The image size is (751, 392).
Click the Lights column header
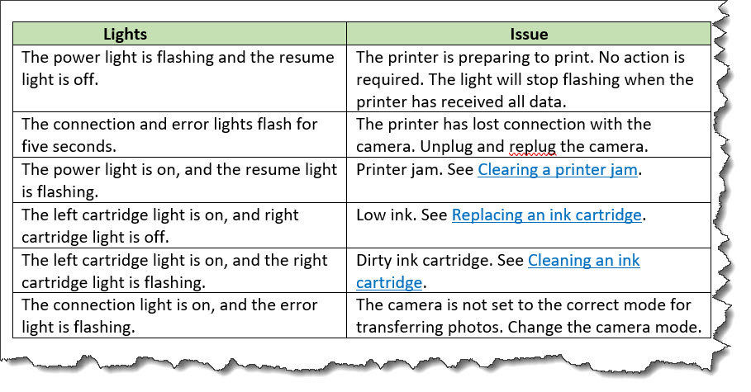click(x=125, y=34)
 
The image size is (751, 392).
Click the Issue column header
click(x=529, y=34)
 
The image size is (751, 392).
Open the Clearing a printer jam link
click(x=558, y=169)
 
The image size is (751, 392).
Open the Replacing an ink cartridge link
click(x=546, y=215)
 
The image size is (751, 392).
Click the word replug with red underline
click(x=533, y=147)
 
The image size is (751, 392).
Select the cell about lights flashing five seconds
click(x=179, y=135)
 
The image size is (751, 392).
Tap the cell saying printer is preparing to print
click(x=529, y=79)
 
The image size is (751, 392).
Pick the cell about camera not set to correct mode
click(x=529, y=315)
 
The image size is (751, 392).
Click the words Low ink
click(x=387, y=215)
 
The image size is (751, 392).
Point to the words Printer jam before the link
click(x=399, y=170)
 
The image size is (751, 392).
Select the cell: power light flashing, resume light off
click(x=179, y=79)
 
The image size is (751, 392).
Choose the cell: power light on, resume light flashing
click(x=179, y=180)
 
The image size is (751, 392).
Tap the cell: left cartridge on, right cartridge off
click(x=179, y=225)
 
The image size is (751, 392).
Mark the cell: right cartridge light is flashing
click(x=179, y=271)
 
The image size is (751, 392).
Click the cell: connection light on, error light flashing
click(x=179, y=315)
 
